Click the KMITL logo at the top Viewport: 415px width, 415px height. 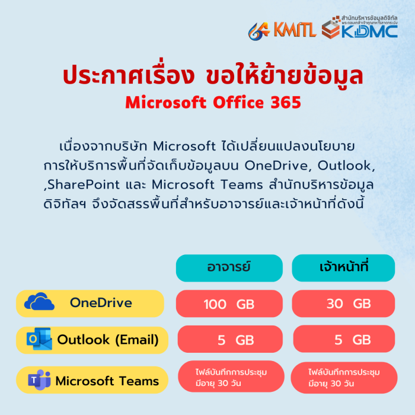point(283,29)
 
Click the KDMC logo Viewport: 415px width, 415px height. point(359,28)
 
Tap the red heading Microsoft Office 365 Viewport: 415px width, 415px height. point(213,103)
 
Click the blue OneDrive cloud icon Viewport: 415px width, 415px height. point(39,302)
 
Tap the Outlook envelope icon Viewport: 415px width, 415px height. point(39,339)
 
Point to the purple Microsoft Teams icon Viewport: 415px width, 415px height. point(39,379)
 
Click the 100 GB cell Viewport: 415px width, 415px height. point(229,304)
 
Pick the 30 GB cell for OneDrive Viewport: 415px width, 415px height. point(344,304)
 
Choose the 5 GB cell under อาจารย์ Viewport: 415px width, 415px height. point(229,340)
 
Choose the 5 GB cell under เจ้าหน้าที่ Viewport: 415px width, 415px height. point(344,340)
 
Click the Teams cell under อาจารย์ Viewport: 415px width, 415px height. point(229,376)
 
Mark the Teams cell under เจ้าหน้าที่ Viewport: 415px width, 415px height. point(344,376)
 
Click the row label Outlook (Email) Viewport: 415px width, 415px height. point(108,340)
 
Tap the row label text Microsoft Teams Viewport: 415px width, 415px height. point(107,381)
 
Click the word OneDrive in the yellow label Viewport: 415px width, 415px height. point(101,303)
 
